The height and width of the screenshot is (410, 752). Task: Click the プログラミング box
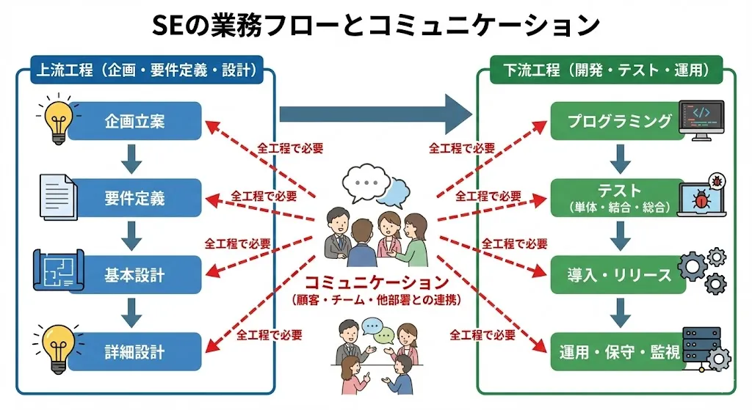(619, 121)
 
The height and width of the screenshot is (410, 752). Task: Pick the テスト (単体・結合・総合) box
(619, 198)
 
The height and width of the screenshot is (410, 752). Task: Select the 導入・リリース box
(619, 275)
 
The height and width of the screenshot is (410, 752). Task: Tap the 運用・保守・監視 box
(619, 352)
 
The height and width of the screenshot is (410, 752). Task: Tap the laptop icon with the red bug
(701, 197)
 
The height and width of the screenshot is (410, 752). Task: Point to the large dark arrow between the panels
(375, 114)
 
